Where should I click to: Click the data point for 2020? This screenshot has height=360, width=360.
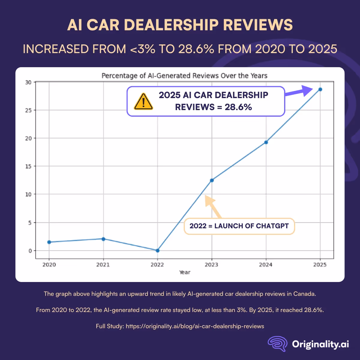49,242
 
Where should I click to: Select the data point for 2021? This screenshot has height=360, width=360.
103,239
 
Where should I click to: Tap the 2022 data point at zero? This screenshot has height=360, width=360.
157,250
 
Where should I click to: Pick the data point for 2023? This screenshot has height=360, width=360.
212,180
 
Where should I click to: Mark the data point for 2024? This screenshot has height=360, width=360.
266,142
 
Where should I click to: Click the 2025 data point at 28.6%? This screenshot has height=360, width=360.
320,89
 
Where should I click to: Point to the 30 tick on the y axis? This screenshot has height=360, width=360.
28,82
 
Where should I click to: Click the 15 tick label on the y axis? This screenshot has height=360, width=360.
28,166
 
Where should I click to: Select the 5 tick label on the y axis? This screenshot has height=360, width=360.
30,223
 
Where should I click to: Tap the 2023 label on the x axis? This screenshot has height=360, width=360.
211,265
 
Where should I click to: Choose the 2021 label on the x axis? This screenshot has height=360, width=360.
103,265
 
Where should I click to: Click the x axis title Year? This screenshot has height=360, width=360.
185,272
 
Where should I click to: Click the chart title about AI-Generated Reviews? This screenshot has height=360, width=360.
184,76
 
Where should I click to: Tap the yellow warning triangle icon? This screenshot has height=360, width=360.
143,101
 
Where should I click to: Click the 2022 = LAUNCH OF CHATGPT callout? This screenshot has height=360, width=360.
239,226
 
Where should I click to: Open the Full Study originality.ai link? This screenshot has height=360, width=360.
195,326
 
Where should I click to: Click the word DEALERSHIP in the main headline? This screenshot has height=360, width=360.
171,25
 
